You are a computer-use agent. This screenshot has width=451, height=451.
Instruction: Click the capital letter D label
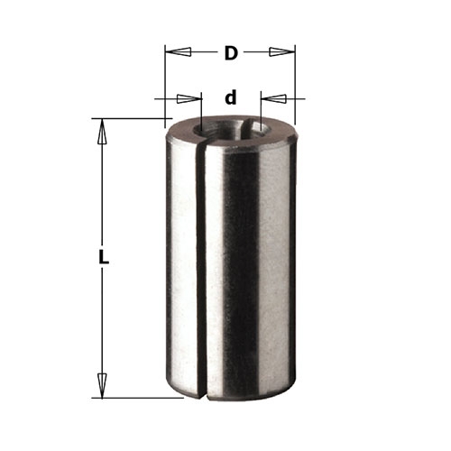(x=231, y=53)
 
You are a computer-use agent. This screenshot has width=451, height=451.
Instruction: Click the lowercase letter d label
(x=231, y=98)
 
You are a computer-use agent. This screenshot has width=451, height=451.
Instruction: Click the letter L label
(x=104, y=257)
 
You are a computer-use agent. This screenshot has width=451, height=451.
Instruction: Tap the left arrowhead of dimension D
(x=179, y=52)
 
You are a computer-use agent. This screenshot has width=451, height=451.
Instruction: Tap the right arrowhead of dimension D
(x=281, y=52)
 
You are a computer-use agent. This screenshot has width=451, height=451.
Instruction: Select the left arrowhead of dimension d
(x=189, y=98)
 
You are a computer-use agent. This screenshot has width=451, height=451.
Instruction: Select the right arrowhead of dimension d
(x=273, y=98)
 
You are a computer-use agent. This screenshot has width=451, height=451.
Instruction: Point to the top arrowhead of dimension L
(x=102, y=132)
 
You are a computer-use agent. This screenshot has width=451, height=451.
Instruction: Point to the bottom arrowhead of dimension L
(x=102, y=385)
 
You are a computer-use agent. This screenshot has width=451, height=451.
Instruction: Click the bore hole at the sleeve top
(x=232, y=129)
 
